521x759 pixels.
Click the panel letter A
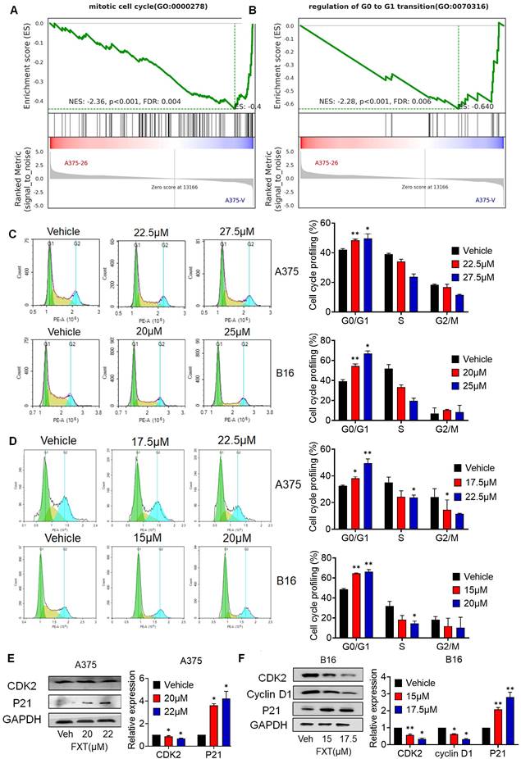(x=10, y=9)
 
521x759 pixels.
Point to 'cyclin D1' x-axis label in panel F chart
(x=445, y=731)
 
